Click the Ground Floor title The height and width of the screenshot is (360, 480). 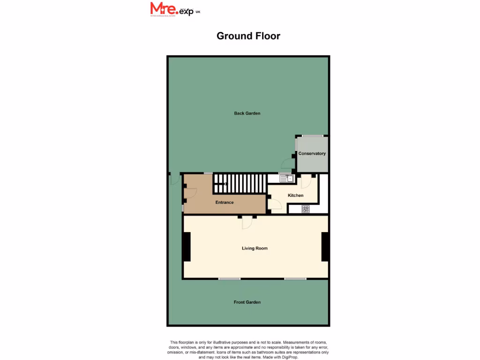pos(248,36)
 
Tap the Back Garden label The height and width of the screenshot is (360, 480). pos(247,113)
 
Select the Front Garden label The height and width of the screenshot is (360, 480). pos(247,302)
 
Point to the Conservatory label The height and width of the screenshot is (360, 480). pos(312,154)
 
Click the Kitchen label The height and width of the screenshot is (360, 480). pos(295,195)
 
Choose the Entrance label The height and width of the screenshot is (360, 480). pos(224,202)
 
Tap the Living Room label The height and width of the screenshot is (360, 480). pos(255,248)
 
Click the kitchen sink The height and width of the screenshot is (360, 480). pos(286,178)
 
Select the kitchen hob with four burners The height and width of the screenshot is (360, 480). pos(306,210)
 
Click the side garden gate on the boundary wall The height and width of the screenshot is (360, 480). pos(173,179)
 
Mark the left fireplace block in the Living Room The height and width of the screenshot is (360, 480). pos(187,247)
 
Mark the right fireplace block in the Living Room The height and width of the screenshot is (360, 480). pos(325,247)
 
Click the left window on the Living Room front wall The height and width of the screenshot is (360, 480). pos(229,279)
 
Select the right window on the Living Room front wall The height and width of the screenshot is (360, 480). pos(295,279)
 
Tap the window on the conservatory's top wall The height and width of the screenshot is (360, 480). pos(312,136)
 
